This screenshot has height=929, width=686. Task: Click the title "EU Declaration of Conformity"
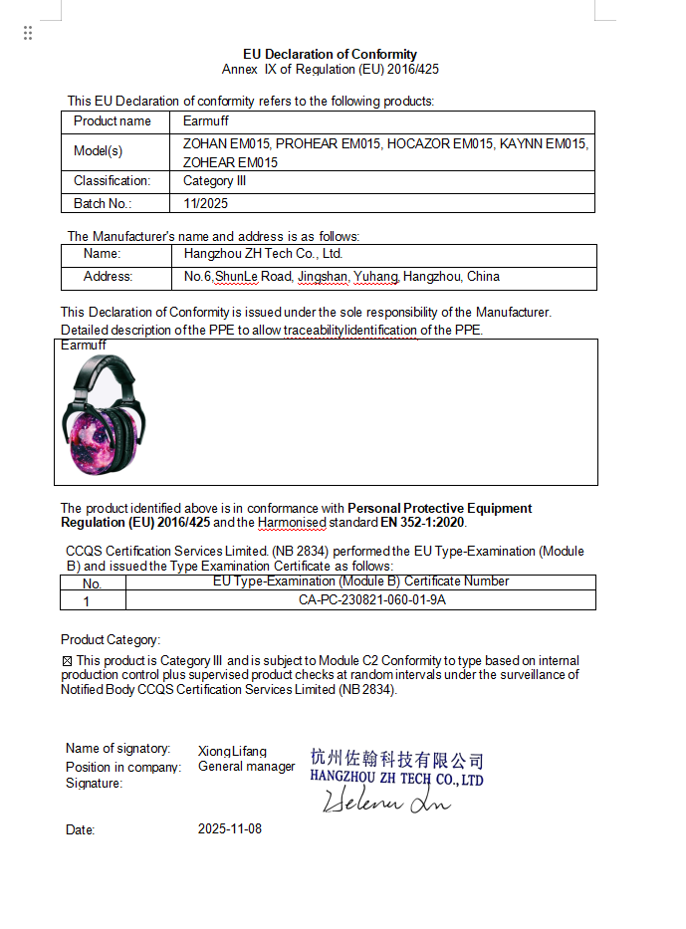[x=330, y=54]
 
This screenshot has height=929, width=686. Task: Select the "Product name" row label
[x=113, y=121]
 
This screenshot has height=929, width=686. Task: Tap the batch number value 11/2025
[x=206, y=203]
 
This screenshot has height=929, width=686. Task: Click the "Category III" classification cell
[x=214, y=181]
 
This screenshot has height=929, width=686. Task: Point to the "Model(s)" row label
[x=99, y=151]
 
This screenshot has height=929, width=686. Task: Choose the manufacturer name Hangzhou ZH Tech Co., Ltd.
[x=264, y=254]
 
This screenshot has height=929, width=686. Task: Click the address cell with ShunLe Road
[x=342, y=277]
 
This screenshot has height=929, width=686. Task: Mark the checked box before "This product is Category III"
[x=67, y=661]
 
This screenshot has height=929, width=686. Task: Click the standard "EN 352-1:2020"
[x=422, y=522]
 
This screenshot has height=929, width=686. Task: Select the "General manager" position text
[x=246, y=767]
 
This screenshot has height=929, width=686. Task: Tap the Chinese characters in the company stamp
[x=396, y=760]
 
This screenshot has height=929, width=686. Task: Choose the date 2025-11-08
[x=230, y=828]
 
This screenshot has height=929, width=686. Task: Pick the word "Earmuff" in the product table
[x=206, y=121]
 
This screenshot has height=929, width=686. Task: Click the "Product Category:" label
[x=111, y=639]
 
